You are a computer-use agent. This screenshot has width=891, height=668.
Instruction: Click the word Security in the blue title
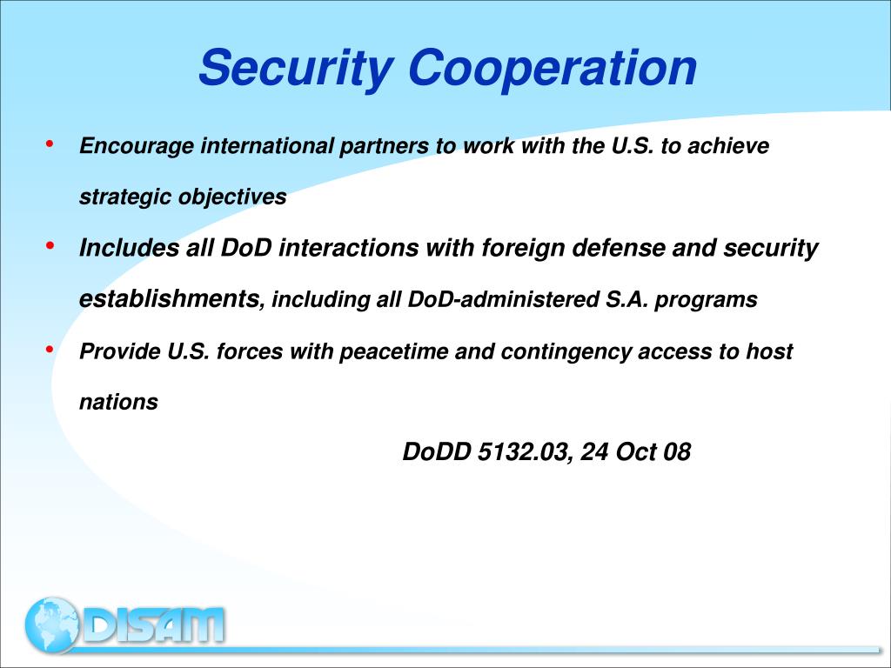tap(294, 68)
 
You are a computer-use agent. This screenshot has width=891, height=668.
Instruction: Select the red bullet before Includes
tap(50, 246)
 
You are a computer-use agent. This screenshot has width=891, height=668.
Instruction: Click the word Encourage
tap(137, 146)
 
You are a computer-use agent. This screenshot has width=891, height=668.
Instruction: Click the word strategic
tap(126, 197)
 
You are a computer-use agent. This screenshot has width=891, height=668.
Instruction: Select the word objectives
tap(232, 197)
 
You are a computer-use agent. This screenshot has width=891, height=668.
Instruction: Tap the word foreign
tap(521, 249)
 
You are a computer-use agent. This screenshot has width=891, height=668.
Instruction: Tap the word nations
tap(118, 402)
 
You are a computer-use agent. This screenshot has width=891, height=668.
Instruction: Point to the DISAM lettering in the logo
tap(154, 625)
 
